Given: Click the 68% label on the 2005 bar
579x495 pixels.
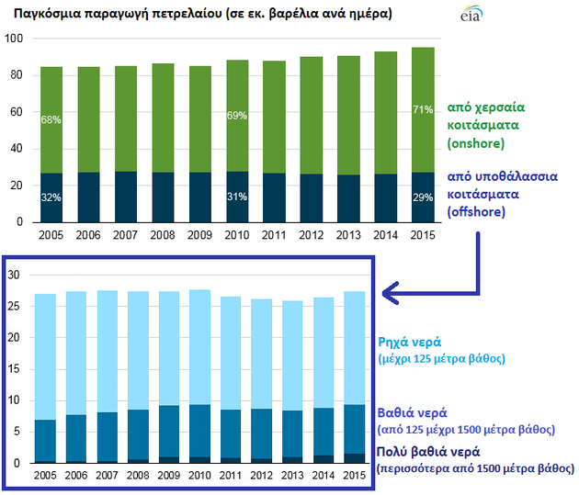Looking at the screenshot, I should pos(51,119).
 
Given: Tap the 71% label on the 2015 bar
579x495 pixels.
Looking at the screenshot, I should pos(423,111).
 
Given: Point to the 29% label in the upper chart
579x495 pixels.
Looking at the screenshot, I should pos(423,198).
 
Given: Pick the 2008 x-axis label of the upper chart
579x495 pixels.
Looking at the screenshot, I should pos(163,235).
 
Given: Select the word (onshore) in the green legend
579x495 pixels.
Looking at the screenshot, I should pos(476,144).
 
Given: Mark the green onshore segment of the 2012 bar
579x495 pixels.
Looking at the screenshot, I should pos(312,115).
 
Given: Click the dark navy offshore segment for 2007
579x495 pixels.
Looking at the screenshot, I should pos(126,197).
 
